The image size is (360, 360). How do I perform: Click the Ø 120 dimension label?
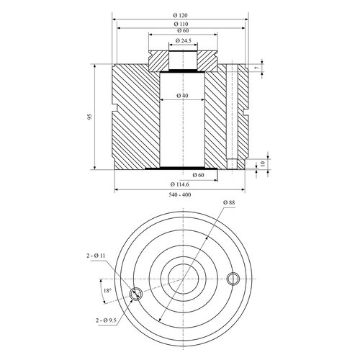pyautogui.click(x=180, y=15)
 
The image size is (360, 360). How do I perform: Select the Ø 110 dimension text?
pyautogui.click(x=181, y=24)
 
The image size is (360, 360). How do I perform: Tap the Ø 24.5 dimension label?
pyautogui.click(x=183, y=40)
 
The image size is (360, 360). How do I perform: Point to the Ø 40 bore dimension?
pyautogui.click(x=182, y=96)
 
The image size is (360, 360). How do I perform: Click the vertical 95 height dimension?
pyautogui.click(x=89, y=117)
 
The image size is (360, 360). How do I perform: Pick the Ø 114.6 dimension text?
pyautogui.click(x=180, y=184)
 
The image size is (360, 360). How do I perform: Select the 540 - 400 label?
pyautogui.click(x=180, y=194)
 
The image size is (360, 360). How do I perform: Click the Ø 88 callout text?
pyautogui.click(x=229, y=202)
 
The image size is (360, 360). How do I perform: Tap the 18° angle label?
pyautogui.click(x=107, y=291)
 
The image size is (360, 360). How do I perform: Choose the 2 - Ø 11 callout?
pyautogui.click(x=96, y=256)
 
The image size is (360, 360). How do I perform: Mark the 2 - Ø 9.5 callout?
pyautogui.click(x=106, y=320)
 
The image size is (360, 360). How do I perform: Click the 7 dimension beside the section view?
pyautogui.click(x=258, y=68)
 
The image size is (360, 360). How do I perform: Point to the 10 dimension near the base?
pyautogui.click(x=263, y=164)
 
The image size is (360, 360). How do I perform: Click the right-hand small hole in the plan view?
pyautogui.click(x=233, y=279)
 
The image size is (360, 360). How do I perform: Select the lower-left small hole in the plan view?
pyautogui.click(x=136, y=294)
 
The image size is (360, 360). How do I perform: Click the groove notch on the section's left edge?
pyautogui.click(x=114, y=107)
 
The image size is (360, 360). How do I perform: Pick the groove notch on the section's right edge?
pyautogui.click(x=246, y=112)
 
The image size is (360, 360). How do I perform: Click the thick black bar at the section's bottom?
pyautogui.click(x=181, y=168)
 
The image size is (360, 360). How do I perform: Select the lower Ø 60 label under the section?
pyautogui.click(x=198, y=175)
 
